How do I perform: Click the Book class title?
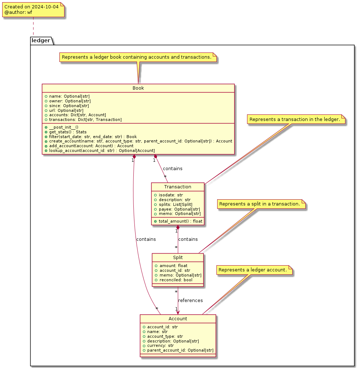(x=138, y=88)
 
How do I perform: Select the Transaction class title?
(x=178, y=187)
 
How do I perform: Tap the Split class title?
(x=178, y=258)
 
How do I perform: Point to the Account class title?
(x=178, y=319)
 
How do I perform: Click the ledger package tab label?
(x=41, y=40)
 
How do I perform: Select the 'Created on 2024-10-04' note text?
(x=31, y=7)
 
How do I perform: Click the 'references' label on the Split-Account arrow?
(x=190, y=300)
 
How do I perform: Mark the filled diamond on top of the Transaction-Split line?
(x=178, y=227)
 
